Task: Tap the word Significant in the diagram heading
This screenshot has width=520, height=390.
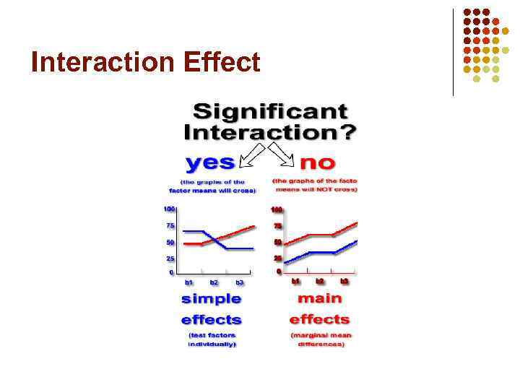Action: pos(270,113)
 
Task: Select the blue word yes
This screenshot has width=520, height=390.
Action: pos(209,160)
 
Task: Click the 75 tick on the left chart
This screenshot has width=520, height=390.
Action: pos(170,225)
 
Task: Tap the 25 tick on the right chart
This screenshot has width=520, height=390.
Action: pos(277,258)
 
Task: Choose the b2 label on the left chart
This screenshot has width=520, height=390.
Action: pos(214,282)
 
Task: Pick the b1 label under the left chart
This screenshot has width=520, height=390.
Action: pos(189,282)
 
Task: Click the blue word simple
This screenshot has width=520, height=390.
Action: pos(211,299)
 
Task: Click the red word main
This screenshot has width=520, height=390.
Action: pos(319,298)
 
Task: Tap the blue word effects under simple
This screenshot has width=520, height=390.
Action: pos(211,319)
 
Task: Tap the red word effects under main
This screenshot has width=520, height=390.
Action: pos(319,319)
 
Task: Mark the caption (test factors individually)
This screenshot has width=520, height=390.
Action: pos(212,339)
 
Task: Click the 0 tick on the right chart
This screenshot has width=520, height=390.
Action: pos(279,272)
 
